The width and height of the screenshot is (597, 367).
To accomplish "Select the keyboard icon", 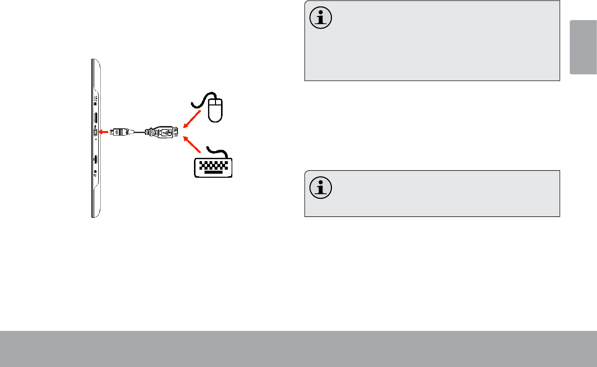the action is pos(213,166).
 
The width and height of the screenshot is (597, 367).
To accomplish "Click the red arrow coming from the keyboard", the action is pos(193,145).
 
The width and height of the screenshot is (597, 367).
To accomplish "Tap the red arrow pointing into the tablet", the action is pos(104,132).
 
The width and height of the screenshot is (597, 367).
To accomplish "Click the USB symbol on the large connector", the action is pos(167,133).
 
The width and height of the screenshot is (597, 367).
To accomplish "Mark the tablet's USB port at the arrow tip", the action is pos(96,132).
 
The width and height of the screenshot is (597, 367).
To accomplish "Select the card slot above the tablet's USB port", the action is pos(95,118).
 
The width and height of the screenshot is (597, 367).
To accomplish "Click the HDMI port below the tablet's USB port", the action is pos(95,160).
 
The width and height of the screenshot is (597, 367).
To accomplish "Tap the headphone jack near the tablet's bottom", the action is pos(95,173).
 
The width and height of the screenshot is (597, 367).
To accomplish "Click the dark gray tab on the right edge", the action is pos(583,48).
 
